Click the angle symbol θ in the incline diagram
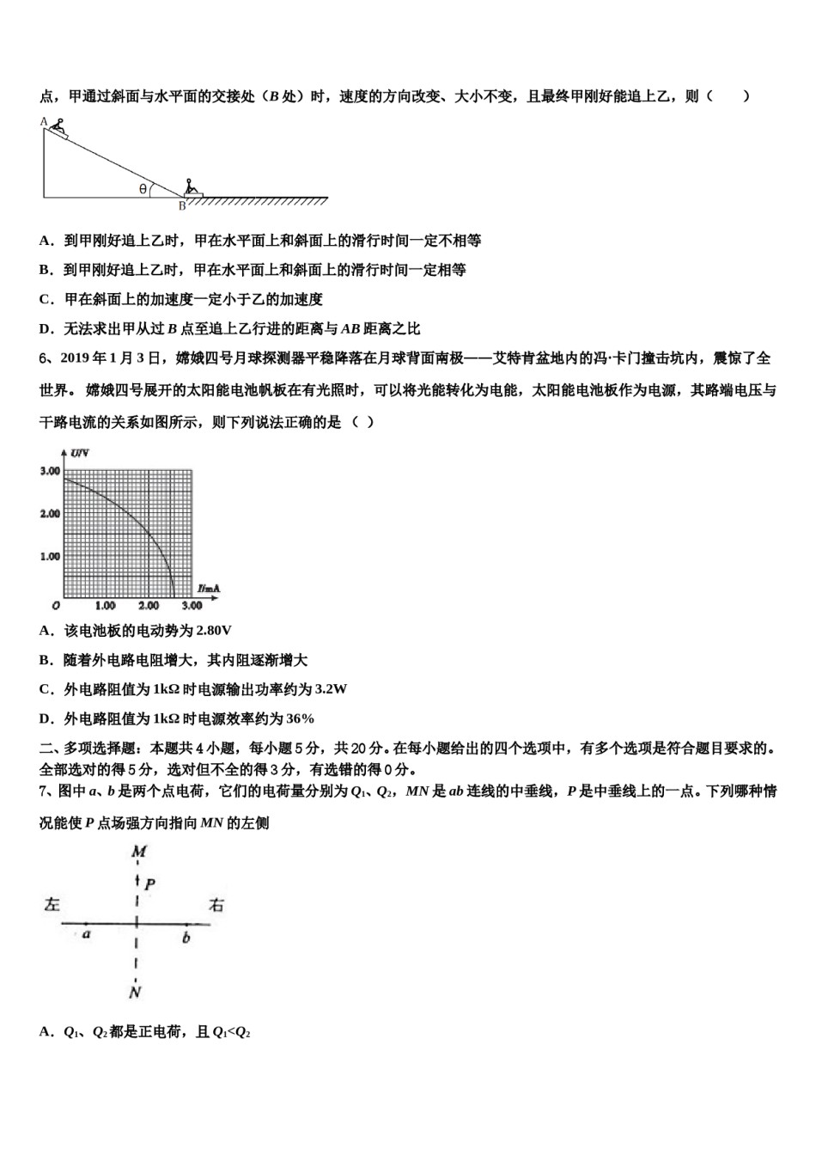coord(143,189)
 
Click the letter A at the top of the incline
coord(44,122)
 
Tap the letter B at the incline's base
coord(182,206)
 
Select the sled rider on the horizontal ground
coord(192,188)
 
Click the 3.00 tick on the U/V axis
coord(50,471)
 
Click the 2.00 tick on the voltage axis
coord(50,513)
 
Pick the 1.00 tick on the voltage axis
coord(50,556)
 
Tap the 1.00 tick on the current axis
coord(105,606)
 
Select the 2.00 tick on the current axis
coord(148,606)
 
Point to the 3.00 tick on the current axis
coord(191,606)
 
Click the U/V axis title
coord(81,452)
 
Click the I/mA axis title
coord(208,589)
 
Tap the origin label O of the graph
coord(54,606)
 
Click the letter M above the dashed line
coord(138,852)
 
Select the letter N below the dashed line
coord(135,993)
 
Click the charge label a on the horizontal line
coord(86,934)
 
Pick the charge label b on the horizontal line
coord(186,938)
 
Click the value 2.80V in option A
coord(214,631)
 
